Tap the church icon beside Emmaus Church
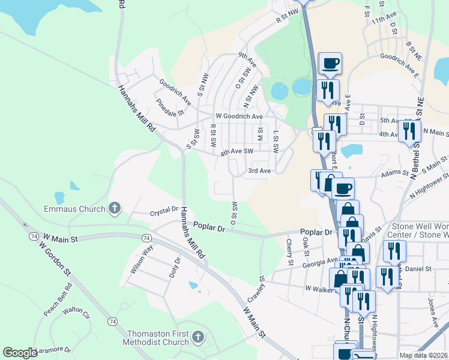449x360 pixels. point(114,209)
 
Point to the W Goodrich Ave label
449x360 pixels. point(240,116)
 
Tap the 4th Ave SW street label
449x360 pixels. point(237,152)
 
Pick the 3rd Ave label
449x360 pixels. point(260,171)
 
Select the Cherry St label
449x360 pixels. point(289,253)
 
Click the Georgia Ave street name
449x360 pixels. point(320,262)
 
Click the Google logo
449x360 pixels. point(20,353)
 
